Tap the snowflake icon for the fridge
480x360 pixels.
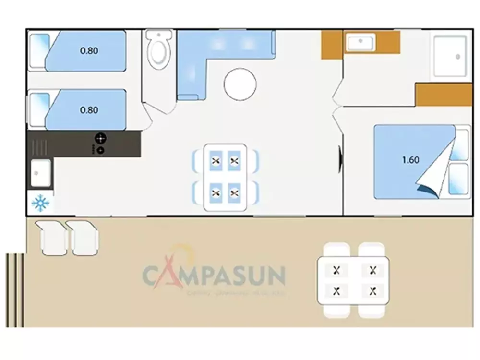(x=40, y=204)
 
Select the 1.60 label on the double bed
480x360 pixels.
(x=410, y=160)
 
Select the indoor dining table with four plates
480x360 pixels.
(x=225, y=177)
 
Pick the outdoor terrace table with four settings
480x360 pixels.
(x=354, y=280)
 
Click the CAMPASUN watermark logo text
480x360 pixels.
(x=214, y=276)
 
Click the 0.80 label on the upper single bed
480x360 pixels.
(x=89, y=50)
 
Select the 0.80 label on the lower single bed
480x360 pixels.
(x=89, y=110)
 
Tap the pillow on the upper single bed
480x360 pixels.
(x=39, y=50)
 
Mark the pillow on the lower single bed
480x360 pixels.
(x=39, y=109)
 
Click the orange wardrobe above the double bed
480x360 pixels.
(x=444, y=95)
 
